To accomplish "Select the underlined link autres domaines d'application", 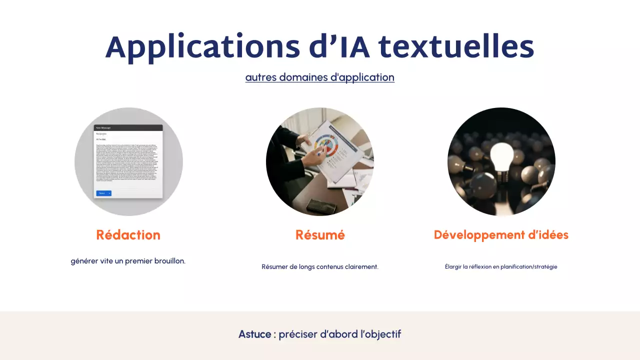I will (320, 77).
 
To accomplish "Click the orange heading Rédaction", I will (128, 235).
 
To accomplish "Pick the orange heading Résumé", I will (320, 235).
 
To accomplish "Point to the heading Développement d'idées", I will (501, 235).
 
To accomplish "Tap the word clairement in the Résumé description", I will (361, 267).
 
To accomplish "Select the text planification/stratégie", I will (529, 267).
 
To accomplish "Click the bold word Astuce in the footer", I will (254, 334).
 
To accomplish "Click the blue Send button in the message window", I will (102, 193).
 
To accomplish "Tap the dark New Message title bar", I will (128, 128).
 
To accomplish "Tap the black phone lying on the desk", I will (318, 205).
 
